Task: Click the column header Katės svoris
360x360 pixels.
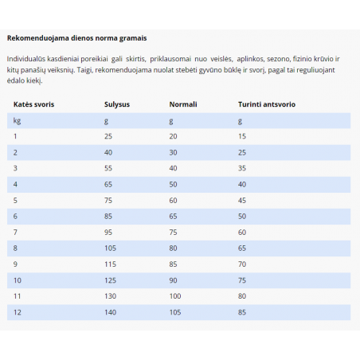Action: point(33,104)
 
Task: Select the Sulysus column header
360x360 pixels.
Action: point(117,104)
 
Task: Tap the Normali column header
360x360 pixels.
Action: point(183,104)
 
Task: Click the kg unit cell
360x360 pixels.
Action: point(18,120)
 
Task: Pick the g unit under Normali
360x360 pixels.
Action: point(171,120)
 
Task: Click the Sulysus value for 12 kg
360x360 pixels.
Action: point(110,311)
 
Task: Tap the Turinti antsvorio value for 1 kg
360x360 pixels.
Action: point(242,136)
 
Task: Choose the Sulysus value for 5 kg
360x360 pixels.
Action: point(108,200)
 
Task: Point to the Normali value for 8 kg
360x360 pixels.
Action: point(174,248)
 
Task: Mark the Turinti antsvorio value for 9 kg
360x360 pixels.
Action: point(242,264)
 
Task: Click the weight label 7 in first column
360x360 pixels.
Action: point(16,232)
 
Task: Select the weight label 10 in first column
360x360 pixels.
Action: point(18,280)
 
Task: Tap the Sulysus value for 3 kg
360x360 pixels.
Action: point(108,168)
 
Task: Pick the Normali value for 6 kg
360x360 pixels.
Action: point(174,216)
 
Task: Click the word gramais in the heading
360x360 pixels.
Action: point(131,37)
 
